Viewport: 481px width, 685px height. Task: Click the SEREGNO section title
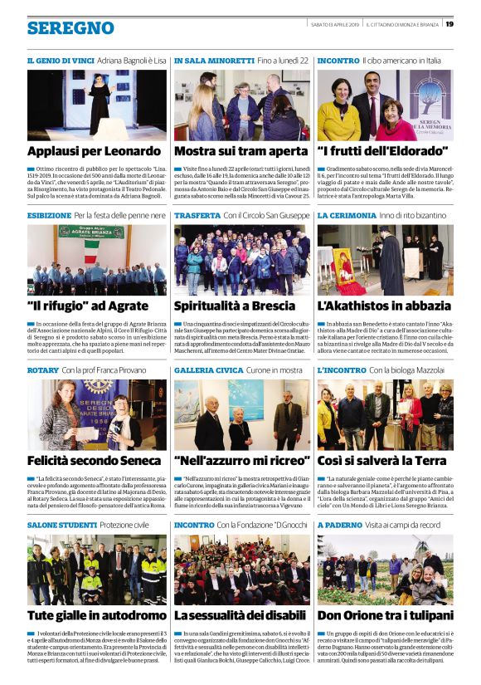[x=70, y=27]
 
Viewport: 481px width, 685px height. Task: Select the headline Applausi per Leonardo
[x=94, y=152]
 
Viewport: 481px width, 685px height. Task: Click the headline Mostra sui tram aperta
[x=240, y=152]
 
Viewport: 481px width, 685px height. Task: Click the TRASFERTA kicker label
[x=197, y=215]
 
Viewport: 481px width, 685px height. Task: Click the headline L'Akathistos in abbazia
[x=384, y=306]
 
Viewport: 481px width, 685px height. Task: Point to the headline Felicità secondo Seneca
[x=94, y=460]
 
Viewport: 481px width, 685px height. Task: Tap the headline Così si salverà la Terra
[x=382, y=460]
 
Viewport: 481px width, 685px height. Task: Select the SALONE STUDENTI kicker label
[x=62, y=525]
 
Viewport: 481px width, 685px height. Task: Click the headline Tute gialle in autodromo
[x=94, y=615]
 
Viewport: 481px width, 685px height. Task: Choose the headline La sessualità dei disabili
[x=241, y=615]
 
